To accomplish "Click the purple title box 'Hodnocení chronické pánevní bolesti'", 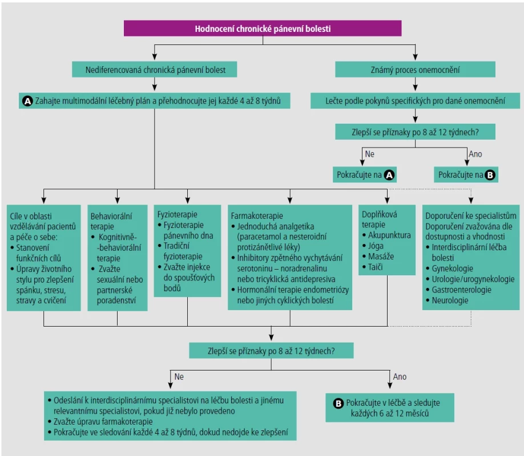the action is tap(263, 28).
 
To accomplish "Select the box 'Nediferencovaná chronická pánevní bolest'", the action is tap(154, 70).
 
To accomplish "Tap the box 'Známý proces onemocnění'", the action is tap(415, 70).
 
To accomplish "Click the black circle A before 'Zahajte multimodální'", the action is tap(27, 101).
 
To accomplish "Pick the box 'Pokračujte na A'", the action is tap(365, 174).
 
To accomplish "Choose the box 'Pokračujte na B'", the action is tap(466, 174).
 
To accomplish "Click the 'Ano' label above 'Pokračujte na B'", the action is tap(475, 154).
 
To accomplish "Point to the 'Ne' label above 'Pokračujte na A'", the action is tap(370, 154).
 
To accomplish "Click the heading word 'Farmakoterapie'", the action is tap(257, 215).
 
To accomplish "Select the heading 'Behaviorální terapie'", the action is tap(111, 221).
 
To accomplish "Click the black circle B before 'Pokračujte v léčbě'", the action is tap(338, 403).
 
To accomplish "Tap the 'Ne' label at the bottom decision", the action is tap(179, 377).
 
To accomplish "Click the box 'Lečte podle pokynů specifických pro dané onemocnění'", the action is tap(415, 101).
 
